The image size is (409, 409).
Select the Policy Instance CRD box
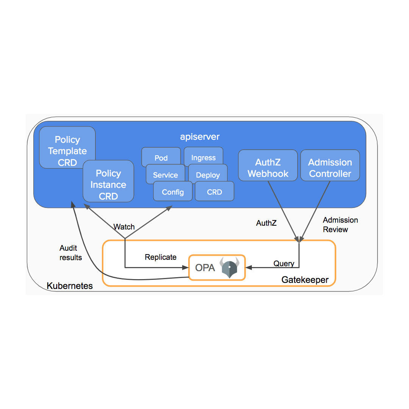coord(108,184)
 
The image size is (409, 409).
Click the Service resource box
coord(165,175)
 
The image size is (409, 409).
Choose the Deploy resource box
coord(208,175)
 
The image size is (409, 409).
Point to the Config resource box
coord(173,192)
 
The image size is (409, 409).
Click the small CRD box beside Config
coord(214,192)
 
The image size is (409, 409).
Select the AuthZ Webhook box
coord(268,168)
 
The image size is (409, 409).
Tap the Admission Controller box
coord(330,168)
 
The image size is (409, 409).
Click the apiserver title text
coord(200,137)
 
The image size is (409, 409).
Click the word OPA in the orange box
coord(205,268)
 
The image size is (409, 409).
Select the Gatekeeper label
coord(305,280)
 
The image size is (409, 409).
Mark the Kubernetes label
coord(70,286)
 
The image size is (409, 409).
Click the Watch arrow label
coord(124,227)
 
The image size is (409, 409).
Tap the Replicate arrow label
coord(161,257)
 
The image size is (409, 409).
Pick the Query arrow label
coord(284,264)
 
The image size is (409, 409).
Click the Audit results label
coord(70,253)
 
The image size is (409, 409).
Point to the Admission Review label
coord(340,225)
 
